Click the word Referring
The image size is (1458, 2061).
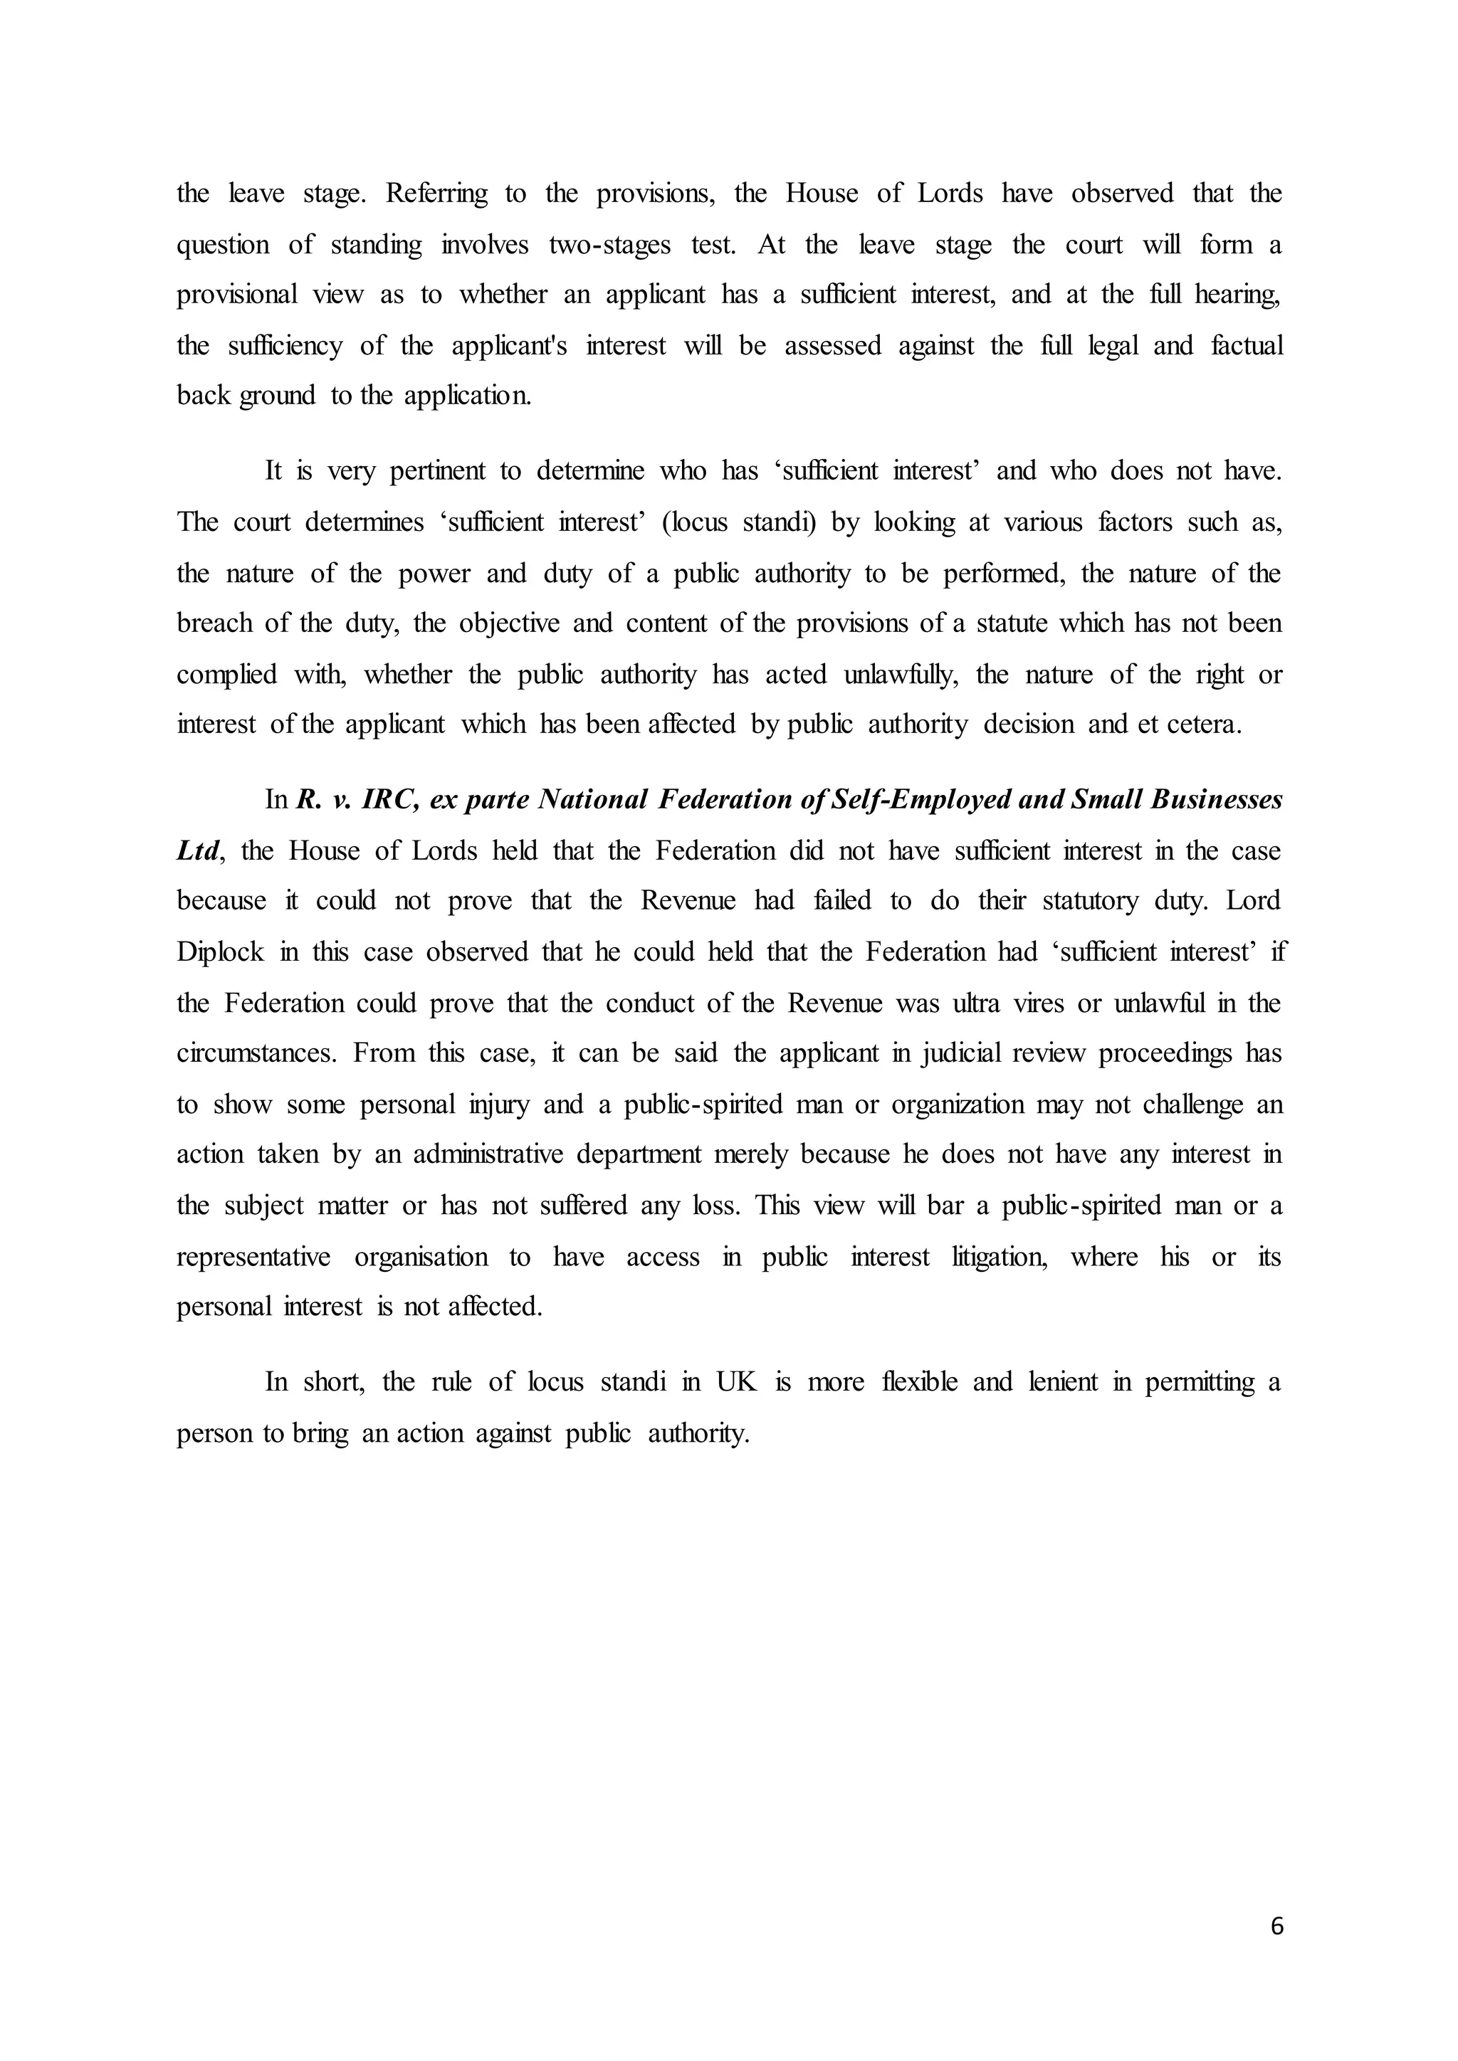point(436,194)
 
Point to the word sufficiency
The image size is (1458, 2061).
point(285,346)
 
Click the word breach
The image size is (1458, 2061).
point(214,623)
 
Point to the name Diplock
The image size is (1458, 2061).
point(220,952)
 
